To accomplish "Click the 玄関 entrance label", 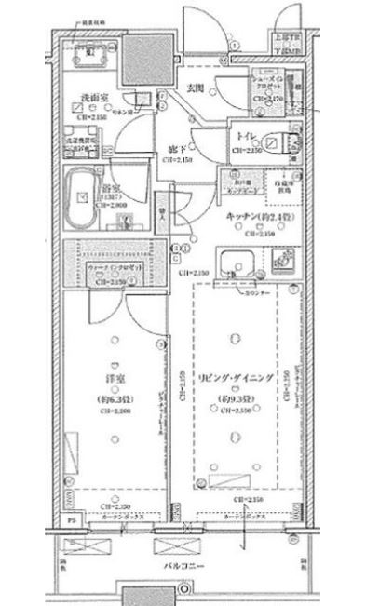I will click(x=194, y=89).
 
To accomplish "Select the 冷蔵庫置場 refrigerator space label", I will click(x=280, y=184).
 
